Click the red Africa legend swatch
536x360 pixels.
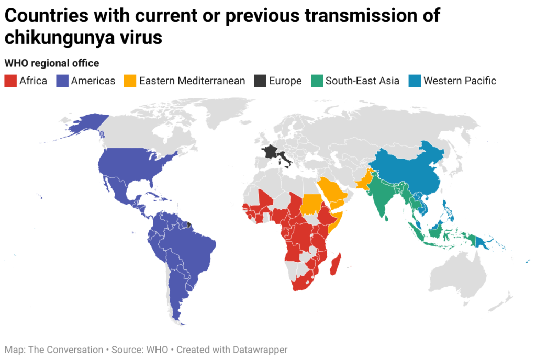[10, 81]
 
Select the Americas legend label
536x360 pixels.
[93, 81]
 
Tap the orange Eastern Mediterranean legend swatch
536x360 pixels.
[130, 81]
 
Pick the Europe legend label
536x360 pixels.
[285, 81]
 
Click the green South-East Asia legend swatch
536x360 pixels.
[316, 81]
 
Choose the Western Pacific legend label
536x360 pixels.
[460, 81]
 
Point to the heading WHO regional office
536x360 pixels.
[52, 63]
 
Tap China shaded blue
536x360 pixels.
[414, 167]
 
